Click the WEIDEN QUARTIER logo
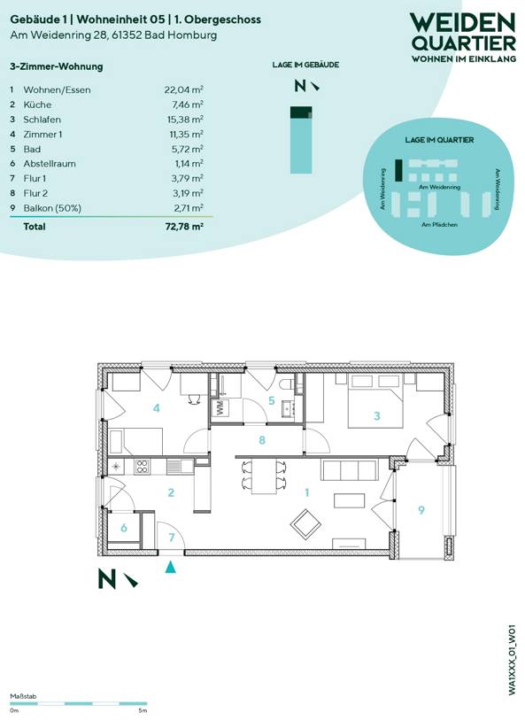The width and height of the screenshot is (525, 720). pyautogui.click(x=463, y=37)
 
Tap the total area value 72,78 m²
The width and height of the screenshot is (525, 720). pyautogui.click(x=184, y=227)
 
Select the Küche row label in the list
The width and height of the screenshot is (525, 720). pyautogui.click(x=37, y=105)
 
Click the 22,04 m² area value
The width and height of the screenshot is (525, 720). pyautogui.click(x=184, y=89)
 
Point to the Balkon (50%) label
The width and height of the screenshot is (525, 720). pyautogui.click(x=52, y=208)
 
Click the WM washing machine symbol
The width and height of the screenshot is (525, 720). pyautogui.click(x=220, y=408)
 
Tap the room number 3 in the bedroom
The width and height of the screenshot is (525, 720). pyautogui.click(x=377, y=416)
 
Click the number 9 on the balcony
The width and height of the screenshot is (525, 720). pyautogui.click(x=421, y=510)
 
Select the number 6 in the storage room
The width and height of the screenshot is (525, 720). pyautogui.click(x=123, y=528)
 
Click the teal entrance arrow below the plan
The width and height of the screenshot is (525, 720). pyautogui.click(x=171, y=567)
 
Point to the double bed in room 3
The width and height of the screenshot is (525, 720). pyautogui.click(x=376, y=401)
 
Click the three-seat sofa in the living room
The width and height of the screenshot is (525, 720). pyautogui.click(x=349, y=469)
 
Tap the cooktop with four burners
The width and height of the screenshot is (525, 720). pyautogui.click(x=141, y=467)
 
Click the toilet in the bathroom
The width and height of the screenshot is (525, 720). pyautogui.click(x=286, y=383)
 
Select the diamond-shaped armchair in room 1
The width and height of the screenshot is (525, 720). pyautogui.click(x=306, y=525)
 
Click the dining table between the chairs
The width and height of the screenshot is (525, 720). pyautogui.click(x=264, y=476)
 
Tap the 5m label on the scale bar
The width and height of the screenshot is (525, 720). pyautogui.click(x=143, y=711)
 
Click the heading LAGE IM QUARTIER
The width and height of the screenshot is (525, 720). pyautogui.click(x=439, y=140)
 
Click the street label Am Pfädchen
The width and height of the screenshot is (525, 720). pyautogui.click(x=439, y=225)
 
